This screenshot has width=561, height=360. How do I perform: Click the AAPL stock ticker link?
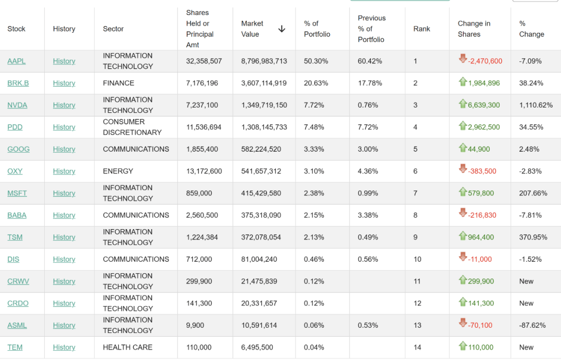pyautogui.click(x=16, y=61)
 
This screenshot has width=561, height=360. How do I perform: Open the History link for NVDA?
pyautogui.click(x=64, y=105)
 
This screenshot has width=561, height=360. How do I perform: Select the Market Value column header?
pyautogui.click(x=252, y=29)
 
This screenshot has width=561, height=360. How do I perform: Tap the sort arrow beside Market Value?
pyautogui.click(x=282, y=29)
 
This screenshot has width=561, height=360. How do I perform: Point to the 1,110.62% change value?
pyautogui.click(x=536, y=105)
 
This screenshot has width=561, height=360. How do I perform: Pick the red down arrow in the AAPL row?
pyautogui.click(x=463, y=59)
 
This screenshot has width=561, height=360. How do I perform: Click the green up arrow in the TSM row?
pyautogui.click(x=463, y=236)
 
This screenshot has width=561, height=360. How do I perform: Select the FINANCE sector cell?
pyautogui.click(x=118, y=83)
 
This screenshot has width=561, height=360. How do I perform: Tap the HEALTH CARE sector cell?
pyautogui.click(x=127, y=348)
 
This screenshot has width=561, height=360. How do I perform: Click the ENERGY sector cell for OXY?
pyautogui.click(x=118, y=171)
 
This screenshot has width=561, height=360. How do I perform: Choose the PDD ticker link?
pyautogui.click(x=15, y=127)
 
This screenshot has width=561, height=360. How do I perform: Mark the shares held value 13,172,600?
pyautogui.click(x=204, y=171)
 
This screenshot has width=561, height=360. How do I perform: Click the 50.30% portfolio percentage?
pyautogui.click(x=316, y=61)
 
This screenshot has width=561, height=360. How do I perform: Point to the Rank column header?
pyautogui.click(x=422, y=29)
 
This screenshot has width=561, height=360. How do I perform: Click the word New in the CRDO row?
pyautogui.click(x=526, y=303)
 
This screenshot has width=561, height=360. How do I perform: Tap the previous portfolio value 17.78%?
pyautogui.click(x=370, y=83)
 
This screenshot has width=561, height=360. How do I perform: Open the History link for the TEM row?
pyautogui.click(x=64, y=348)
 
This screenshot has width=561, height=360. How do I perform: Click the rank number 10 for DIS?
pyautogui.click(x=418, y=259)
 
